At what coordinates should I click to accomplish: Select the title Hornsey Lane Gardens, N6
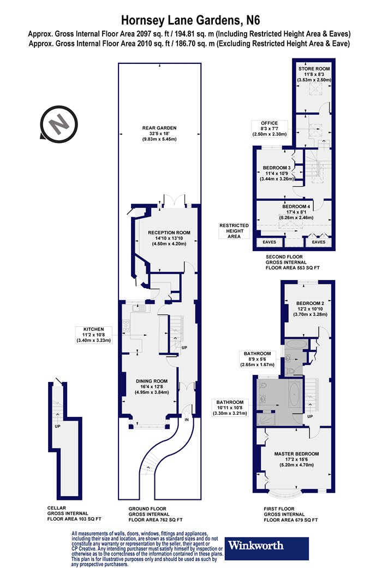tap(190, 20)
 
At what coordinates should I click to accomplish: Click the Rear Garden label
tap(159, 133)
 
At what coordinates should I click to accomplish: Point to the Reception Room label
tap(169, 238)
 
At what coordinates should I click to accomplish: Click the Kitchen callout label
tap(93, 335)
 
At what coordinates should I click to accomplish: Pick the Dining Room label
tap(152, 386)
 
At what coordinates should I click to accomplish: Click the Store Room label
tap(314, 74)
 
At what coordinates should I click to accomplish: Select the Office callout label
tap(270, 129)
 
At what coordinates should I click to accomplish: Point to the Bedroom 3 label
tap(277, 173)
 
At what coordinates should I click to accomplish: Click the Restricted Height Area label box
tap(234, 231)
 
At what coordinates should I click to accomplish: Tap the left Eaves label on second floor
tap(270, 242)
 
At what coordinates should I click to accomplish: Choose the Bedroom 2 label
tap(310, 308)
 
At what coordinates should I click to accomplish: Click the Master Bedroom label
tap(296, 459)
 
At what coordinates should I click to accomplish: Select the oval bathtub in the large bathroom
tap(295, 396)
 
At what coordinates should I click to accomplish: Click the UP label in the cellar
tap(57, 426)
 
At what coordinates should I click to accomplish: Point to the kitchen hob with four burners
tap(126, 326)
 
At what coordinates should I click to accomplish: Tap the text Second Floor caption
tap(284, 256)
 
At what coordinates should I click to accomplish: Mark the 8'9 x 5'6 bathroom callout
tap(258, 359)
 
